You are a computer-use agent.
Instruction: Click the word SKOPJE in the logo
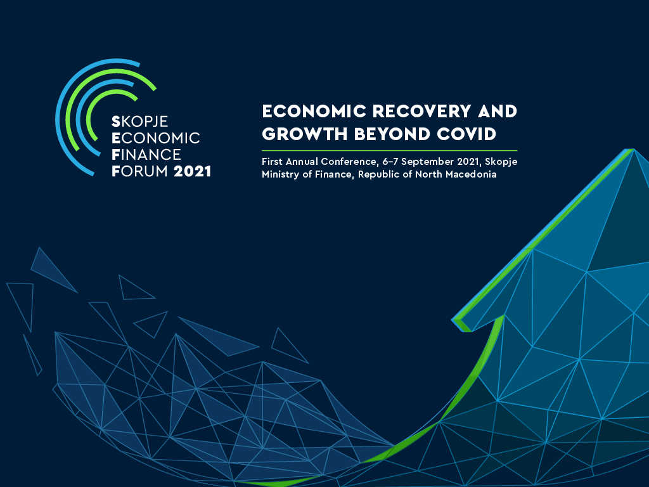pos(140,122)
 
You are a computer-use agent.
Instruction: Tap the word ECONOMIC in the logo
pos(156,138)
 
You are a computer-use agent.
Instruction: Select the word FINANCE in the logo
pos(146,155)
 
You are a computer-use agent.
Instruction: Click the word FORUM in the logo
pos(139,171)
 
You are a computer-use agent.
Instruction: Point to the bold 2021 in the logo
pos(193,171)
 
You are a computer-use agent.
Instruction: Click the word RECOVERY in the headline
pos(421,111)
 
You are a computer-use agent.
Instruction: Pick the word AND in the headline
pos(498,111)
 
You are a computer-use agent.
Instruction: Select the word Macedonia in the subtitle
pos(471,174)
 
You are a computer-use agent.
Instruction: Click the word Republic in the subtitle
pos(380,174)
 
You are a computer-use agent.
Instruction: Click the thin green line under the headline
pos(390,151)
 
